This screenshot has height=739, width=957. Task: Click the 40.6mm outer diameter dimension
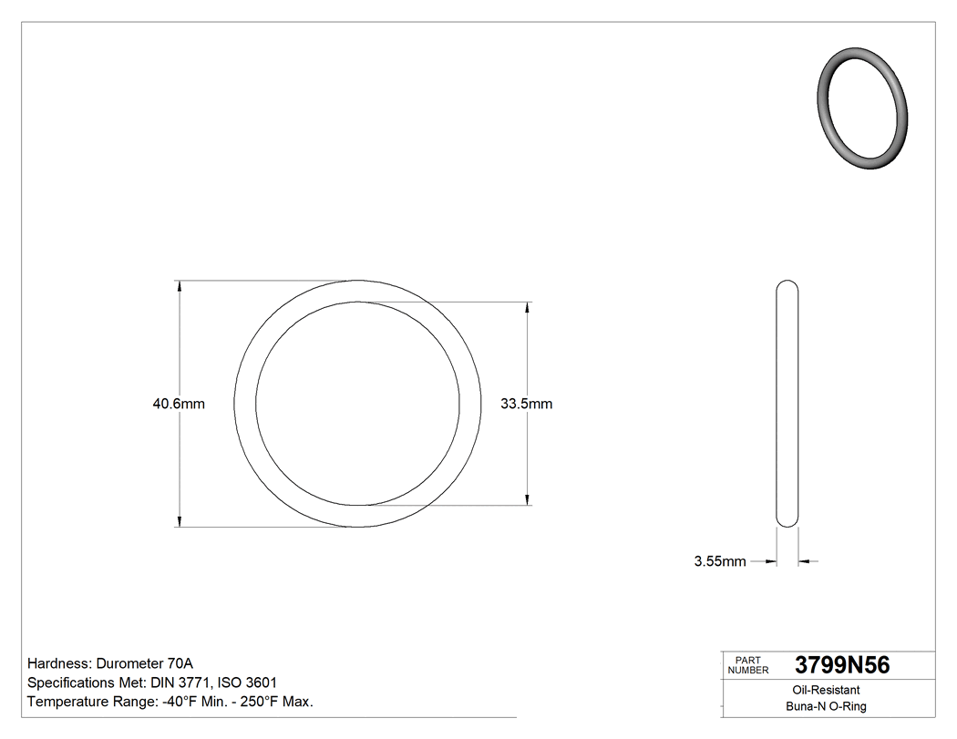(x=179, y=404)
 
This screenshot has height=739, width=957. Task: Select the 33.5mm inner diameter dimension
(x=526, y=404)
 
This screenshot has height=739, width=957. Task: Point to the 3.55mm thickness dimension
(x=720, y=561)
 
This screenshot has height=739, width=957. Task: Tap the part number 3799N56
(x=841, y=665)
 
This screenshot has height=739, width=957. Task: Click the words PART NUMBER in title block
(x=748, y=665)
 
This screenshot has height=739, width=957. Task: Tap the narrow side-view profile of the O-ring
(x=787, y=404)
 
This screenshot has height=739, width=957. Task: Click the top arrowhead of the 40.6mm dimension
(x=179, y=286)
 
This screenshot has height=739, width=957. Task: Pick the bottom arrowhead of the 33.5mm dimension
(x=528, y=498)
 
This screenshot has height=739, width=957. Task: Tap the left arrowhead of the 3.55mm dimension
(x=771, y=561)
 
